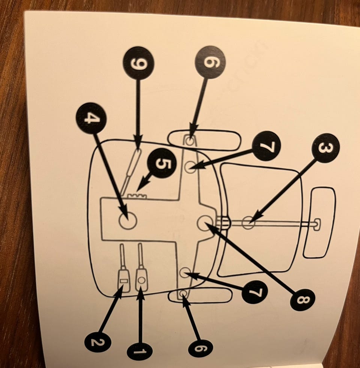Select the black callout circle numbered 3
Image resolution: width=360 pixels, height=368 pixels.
pyautogui.click(x=325, y=148)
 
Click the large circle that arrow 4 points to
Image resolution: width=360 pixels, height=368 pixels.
pyautogui.click(x=127, y=220)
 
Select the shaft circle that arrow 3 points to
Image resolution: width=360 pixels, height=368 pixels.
pyautogui.click(x=248, y=222)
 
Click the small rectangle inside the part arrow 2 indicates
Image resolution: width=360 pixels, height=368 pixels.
pyautogui.click(x=123, y=280)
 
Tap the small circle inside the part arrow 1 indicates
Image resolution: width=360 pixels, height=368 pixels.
pyautogui.click(x=141, y=280)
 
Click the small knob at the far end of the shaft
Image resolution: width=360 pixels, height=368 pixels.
pyautogui.click(x=316, y=224)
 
